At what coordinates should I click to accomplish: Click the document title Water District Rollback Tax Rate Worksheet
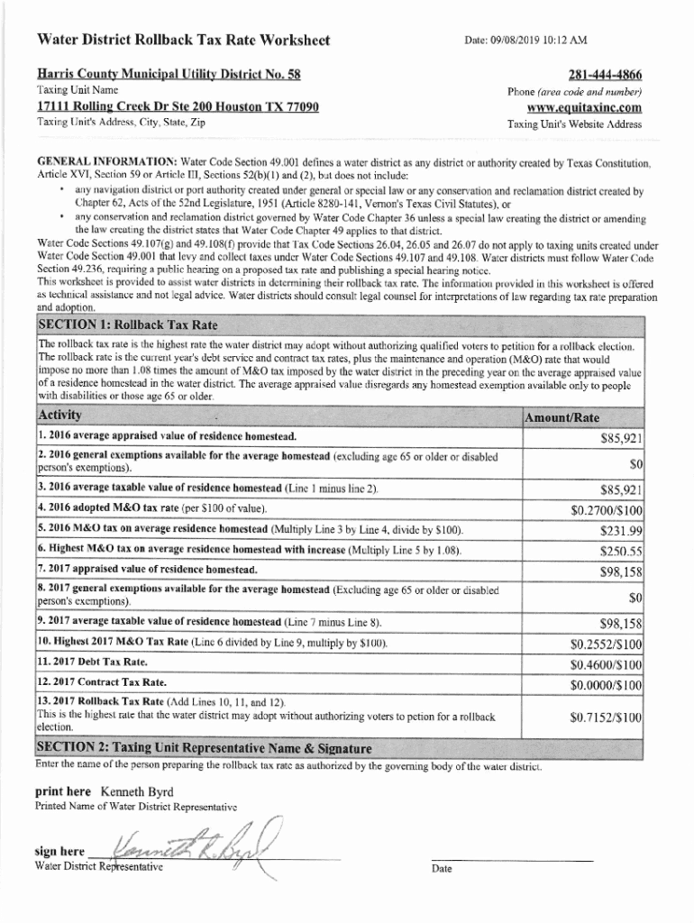[x=183, y=41]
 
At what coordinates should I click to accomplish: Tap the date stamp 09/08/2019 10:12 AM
[x=525, y=41]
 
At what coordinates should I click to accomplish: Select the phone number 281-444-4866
[x=605, y=74]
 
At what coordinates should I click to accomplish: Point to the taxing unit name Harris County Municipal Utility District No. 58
[x=169, y=73]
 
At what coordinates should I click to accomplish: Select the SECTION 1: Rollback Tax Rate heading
[x=126, y=324]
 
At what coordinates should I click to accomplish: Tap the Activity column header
[x=59, y=415]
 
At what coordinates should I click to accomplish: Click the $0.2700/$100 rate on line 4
[x=607, y=510]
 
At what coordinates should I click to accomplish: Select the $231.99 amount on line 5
[x=620, y=530]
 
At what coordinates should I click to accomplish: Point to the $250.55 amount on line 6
[x=620, y=551]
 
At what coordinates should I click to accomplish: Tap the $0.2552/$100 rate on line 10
[x=607, y=644]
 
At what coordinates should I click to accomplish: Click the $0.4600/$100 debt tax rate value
[x=607, y=664]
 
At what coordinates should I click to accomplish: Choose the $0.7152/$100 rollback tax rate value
[x=607, y=717]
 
